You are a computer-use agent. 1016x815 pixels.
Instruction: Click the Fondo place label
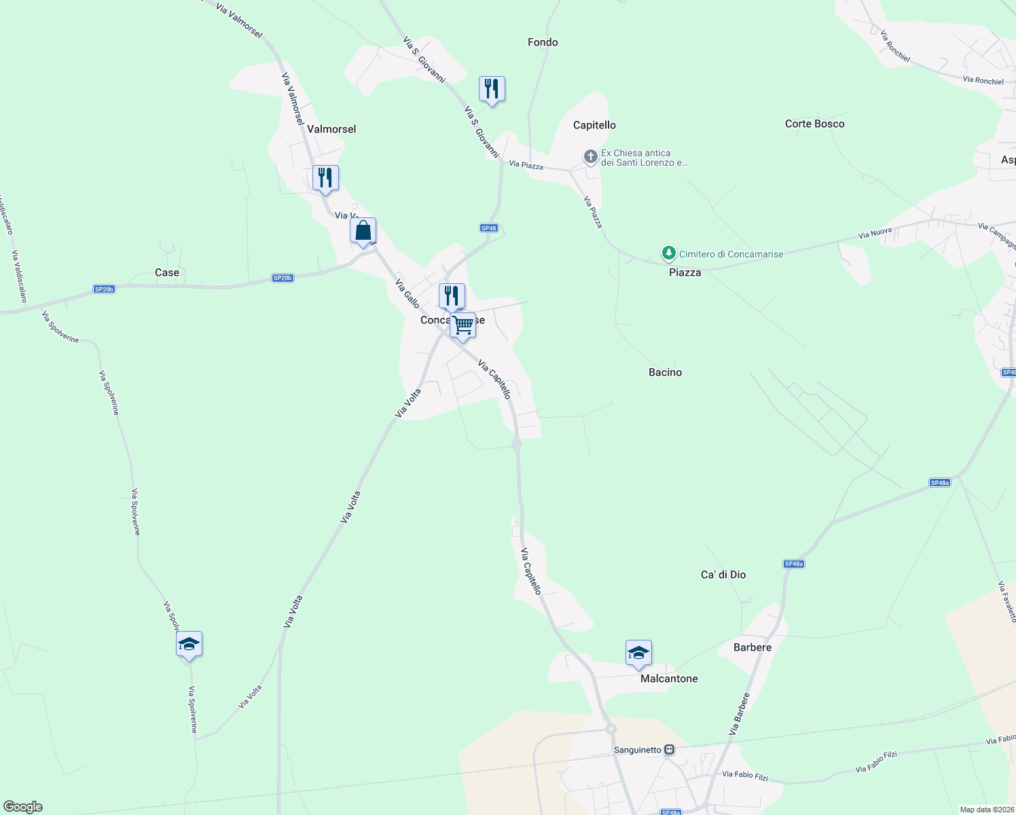pyautogui.click(x=543, y=42)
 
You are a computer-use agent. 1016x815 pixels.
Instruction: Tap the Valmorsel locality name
pyautogui.click(x=331, y=129)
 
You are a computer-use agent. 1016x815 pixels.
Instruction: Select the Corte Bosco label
pyautogui.click(x=814, y=124)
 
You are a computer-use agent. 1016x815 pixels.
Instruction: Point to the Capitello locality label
pyautogui.click(x=594, y=125)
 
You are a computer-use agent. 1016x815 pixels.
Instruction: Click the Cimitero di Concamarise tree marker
pyautogui.click(x=669, y=254)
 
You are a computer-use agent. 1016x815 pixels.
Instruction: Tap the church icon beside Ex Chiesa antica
pyautogui.click(x=591, y=158)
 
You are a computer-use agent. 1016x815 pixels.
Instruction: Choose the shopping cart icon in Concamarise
pyautogui.click(x=463, y=325)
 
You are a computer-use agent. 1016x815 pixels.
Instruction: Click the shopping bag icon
pyautogui.click(x=363, y=231)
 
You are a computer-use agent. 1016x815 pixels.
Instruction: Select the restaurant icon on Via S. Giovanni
pyautogui.click(x=492, y=89)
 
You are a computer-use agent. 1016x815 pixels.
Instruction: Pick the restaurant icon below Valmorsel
pyautogui.click(x=325, y=178)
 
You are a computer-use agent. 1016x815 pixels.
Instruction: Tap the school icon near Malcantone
pyautogui.click(x=638, y=653)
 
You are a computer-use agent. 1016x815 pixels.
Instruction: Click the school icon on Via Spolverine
pyautogui.click(x=189, y=645)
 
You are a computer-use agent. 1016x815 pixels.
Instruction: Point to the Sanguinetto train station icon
pyautogui.click(x=670, y=750)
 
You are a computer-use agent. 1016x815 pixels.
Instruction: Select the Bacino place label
pyautogui.click(x=665, y=372)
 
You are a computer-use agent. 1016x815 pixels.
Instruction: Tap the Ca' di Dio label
pyautogui.click(x=723, y=575)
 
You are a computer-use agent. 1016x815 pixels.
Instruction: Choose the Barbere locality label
pyautogui.click(x=752, y=647)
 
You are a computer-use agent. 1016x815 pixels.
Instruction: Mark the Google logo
pyautogui.click(x=22, y=807)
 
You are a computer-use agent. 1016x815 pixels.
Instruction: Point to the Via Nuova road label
pyautogui.click(x=875, y=234)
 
